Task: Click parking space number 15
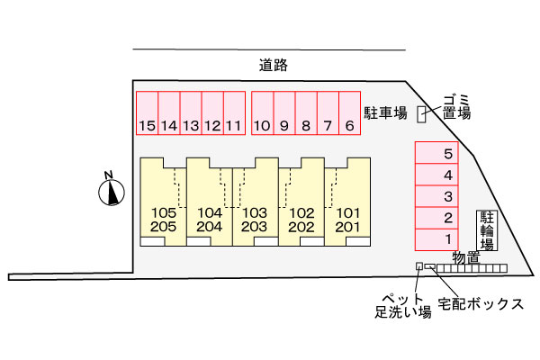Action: (147, 113)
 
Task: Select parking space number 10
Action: (263, 113)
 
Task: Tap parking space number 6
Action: (349, 113)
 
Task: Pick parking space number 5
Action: (436, 153)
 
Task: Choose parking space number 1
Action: (436, 239)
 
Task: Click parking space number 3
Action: (436, 196)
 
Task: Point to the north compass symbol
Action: (112, 190)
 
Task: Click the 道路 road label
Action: (273, 65)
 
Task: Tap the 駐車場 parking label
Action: (385, 113)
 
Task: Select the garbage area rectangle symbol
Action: (421, 114)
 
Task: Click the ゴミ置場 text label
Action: (456, 107)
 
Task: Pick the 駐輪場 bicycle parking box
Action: (487, 230)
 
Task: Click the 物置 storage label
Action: (466, 257)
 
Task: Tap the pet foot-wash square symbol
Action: (419, 266)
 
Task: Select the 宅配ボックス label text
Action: (481, 304)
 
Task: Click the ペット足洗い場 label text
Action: (403, 306)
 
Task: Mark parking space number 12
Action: (212, 113)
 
